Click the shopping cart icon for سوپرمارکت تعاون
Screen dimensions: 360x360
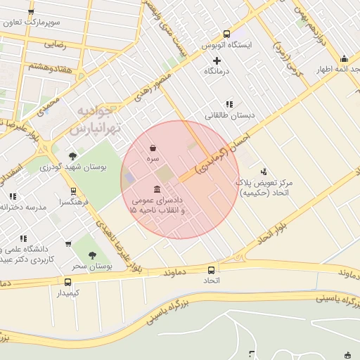pyautogui.click(x=32, y=13)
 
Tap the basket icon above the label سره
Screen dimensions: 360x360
pyautogui.click(x=153, y=148)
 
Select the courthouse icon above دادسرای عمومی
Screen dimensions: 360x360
pyautogui.click(x=156, y=190)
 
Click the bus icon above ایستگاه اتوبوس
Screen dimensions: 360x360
pyautogui.click(x=226, y=34)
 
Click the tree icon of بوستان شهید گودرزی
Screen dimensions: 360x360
pyautogui.click(x=72, y=156)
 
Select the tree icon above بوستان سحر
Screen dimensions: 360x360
pyautogui.click(x=92, y=256)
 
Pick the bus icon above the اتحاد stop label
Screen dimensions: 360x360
pyautogui.click(x=211, y=270)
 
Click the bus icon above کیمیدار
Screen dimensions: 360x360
pyautogui.click(x=67, y=282)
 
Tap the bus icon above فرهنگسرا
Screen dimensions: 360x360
pyautogui.click(x=73, y=191)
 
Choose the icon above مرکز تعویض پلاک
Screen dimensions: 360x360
pyautogui.click(x=264, y=171)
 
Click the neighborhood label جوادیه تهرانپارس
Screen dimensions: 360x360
pyautogui.click(x=99, y=120)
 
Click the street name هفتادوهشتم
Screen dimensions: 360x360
pyautogui.click(x=49, y=66)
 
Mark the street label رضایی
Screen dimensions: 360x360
pyautogui.click(x=55, y=44)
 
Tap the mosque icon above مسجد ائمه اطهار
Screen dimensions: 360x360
pyautogui.click(x=344, y=59)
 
